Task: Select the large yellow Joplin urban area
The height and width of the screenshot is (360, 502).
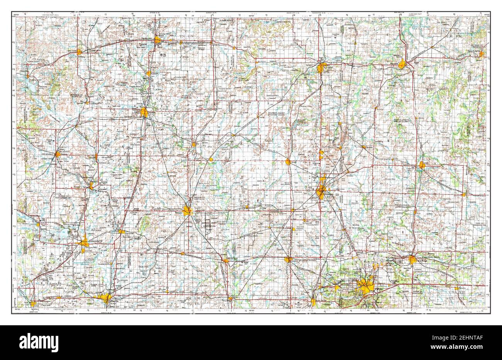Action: (x=365, y=286)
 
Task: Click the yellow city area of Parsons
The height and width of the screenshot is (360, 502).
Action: (x=188, y=211)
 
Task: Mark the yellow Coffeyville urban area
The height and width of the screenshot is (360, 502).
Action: (x=105, y=297)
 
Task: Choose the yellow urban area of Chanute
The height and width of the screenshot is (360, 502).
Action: (x=144, y=112)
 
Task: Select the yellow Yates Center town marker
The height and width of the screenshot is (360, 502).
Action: (x=80, y=51)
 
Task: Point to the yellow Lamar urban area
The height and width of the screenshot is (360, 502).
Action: (x=422, y=165)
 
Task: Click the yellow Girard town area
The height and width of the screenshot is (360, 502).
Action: (x=288, y=162)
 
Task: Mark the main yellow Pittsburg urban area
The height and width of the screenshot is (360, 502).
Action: (x=321, y=191)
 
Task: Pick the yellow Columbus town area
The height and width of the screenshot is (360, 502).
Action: (x=288, y=260)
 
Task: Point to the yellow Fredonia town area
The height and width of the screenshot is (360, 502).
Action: (x=58, y=154)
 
